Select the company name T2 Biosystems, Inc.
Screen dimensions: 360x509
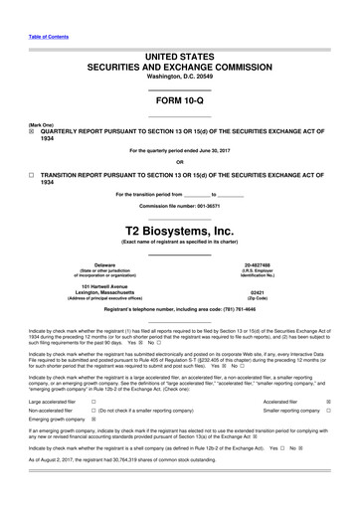coord(180,231)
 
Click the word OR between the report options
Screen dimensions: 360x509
coord(180,162)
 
